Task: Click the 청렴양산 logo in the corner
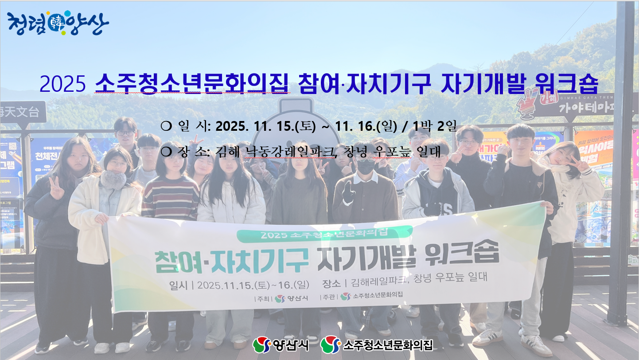pos(58,23)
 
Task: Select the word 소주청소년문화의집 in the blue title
pos(192,83)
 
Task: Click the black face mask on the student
pos(366,166)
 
